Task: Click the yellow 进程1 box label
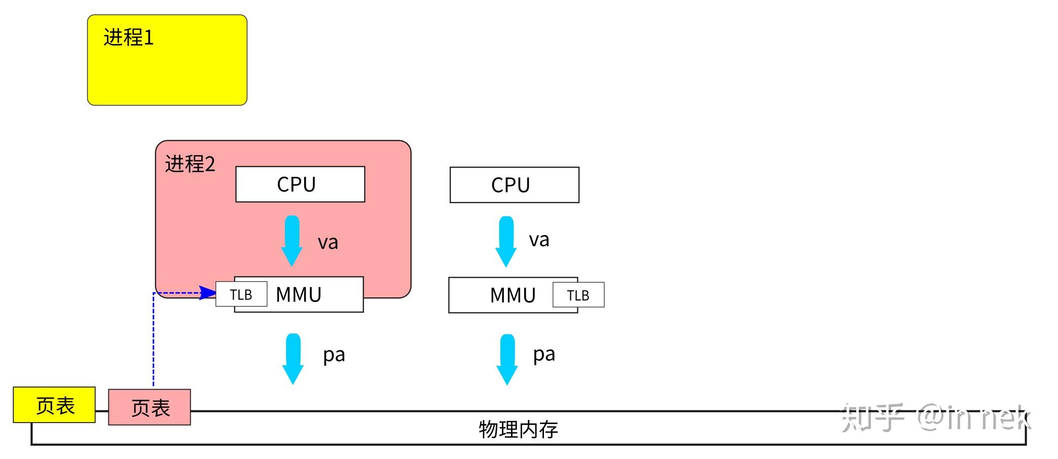tap(128, 37)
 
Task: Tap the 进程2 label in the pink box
tap(190, 164)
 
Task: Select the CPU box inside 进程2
tap(300, 184)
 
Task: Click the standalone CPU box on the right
tap(514, 185)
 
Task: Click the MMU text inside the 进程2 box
tap(299, 295)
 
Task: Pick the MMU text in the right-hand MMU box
tap(513, 295)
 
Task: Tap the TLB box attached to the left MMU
tap(241, 294)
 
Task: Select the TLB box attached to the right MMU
tap(578, 295)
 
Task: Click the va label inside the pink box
tap(328, 242)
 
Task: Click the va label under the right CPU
tap(539, 240)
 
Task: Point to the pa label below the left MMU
tap(334, 355)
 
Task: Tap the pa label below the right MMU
tap(544, 354)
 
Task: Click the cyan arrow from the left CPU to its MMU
tap(292, 241)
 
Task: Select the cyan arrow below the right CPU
tap(506, 242)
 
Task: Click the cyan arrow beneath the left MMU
tap(293, 359)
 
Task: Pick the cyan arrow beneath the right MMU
tap(507, 360)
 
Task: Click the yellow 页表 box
tap(54, 405)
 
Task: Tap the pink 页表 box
tap(150, 407)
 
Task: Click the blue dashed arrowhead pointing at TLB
tap(208, 293)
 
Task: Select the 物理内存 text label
tap(518, 429)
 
